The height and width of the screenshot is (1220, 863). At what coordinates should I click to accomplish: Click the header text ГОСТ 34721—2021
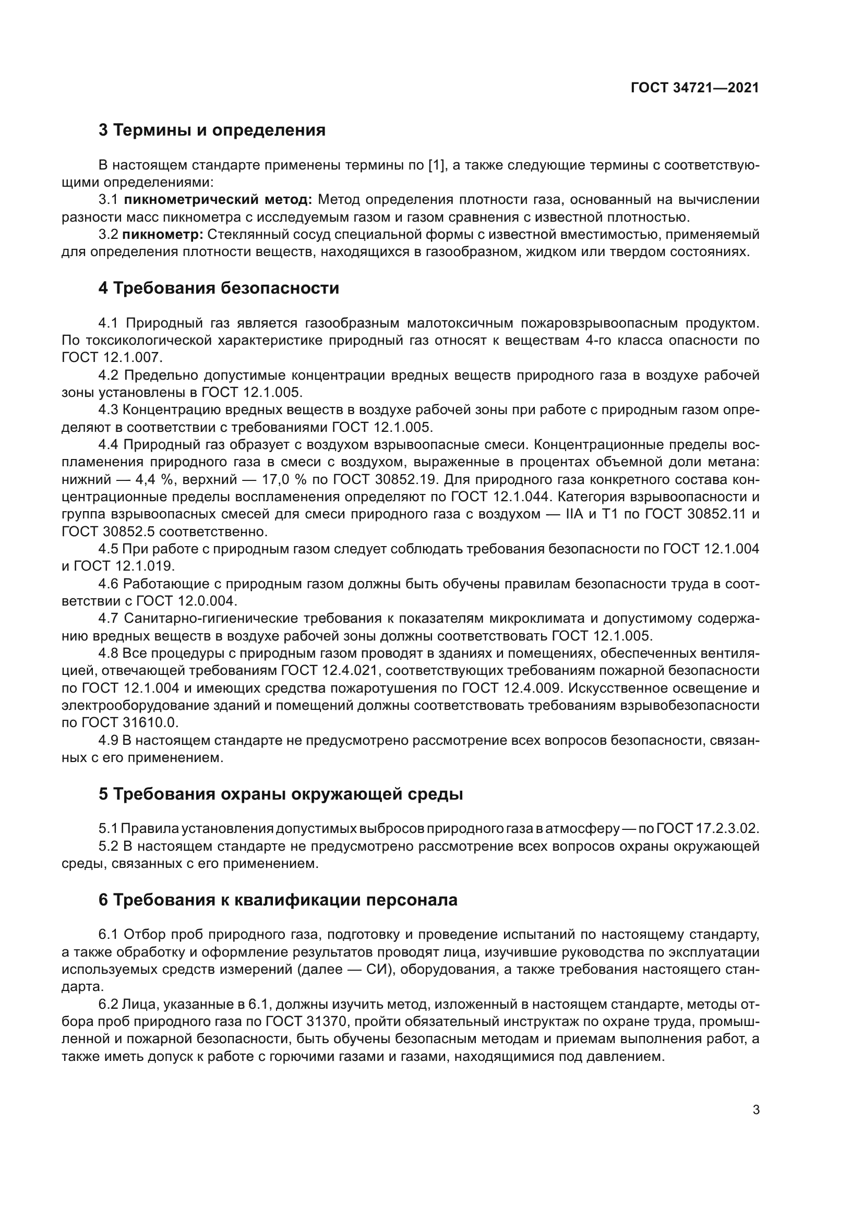click(x=694, y=88)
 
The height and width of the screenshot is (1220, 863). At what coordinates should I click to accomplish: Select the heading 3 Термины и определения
click(x=212, y=130)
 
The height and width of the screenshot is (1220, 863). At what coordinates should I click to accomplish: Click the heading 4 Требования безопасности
click(x=219, y=288)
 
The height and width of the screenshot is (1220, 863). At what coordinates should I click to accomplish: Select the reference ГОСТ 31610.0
click(x=130, y=722)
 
